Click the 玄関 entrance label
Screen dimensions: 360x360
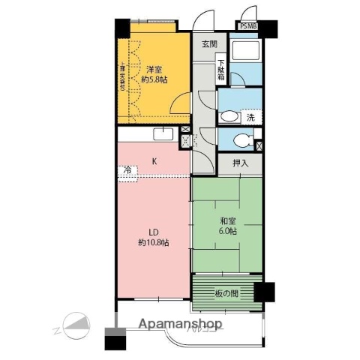208,44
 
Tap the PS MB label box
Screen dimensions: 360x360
247,26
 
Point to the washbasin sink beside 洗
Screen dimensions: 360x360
228,116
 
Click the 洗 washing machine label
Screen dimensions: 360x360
251,118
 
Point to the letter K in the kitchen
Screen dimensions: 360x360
154,161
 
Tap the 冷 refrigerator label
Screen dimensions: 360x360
127,172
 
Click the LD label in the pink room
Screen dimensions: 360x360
153,232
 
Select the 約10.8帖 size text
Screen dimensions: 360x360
153,243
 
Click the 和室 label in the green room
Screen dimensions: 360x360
227,221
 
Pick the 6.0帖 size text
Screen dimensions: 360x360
227,232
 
